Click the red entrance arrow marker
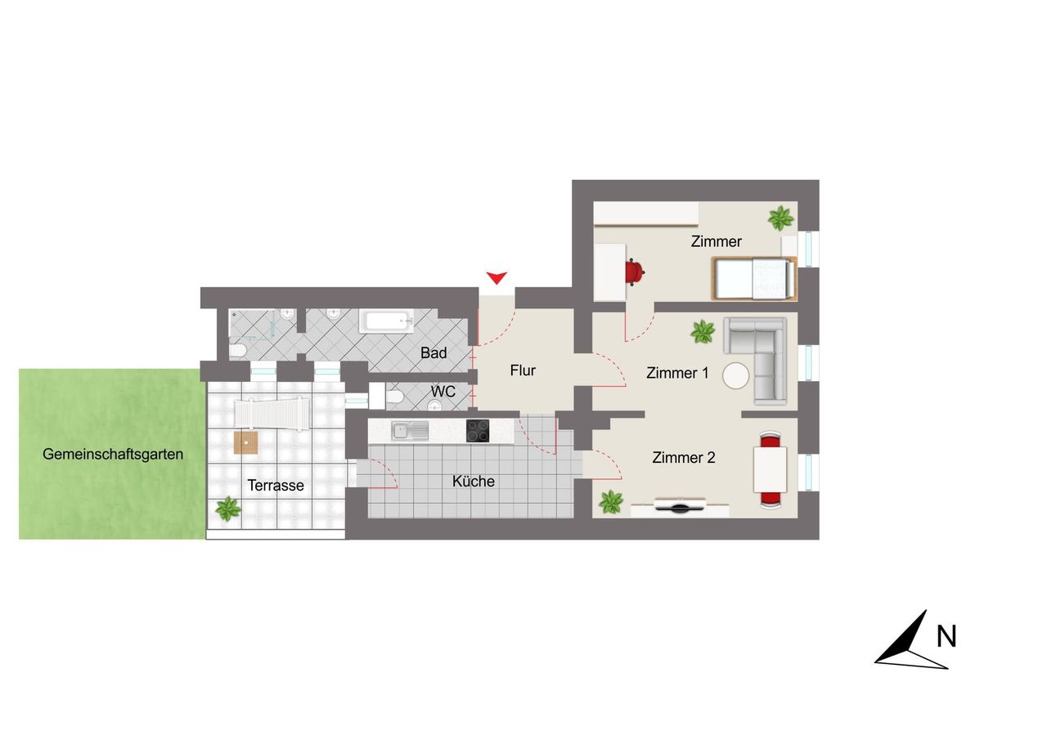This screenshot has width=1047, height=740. (497, 277)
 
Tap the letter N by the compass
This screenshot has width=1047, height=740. (946, 636)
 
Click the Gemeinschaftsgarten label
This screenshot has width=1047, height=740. (113, 454)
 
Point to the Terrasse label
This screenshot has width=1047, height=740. (276, 486)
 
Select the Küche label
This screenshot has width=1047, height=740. (473, 481)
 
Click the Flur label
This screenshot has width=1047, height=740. (523, 370)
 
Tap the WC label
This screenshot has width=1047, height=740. (443, 392)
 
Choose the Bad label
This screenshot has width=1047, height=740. (434, 352)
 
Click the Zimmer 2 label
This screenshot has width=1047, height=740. (683, 457)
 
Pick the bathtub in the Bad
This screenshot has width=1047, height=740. (386, 322)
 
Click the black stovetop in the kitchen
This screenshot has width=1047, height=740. (478, 431)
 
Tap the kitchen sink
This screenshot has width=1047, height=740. (410, 431)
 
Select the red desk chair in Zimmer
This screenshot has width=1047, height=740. (635, 272)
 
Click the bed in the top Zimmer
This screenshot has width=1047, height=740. (754, 279)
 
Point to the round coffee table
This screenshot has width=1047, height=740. (735, 375)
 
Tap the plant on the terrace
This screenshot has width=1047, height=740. (228, 509)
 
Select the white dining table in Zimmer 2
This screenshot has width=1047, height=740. (770, 469)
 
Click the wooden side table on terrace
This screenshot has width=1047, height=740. (246, 442)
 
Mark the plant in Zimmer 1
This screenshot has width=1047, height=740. (703, 332)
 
